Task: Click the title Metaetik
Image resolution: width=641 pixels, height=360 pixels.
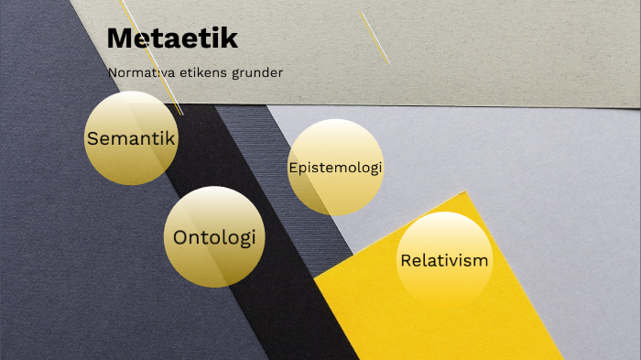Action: coord(172,38)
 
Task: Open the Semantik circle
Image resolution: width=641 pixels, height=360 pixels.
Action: coord(131,138)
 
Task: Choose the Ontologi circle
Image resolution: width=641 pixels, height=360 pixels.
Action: coord(213,237)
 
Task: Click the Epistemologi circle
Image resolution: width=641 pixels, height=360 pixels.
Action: coord(335,168)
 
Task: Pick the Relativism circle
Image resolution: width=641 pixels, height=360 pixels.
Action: coord(444,260)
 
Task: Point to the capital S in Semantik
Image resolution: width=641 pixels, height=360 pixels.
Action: coord(92,139)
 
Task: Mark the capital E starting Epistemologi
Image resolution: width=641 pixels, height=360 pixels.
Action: coord(292,168)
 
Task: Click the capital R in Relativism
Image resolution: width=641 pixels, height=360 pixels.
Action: coord(406,260)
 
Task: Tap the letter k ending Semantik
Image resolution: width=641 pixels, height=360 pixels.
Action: coord(169,138)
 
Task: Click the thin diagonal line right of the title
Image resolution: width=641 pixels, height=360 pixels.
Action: coord(375,37)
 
